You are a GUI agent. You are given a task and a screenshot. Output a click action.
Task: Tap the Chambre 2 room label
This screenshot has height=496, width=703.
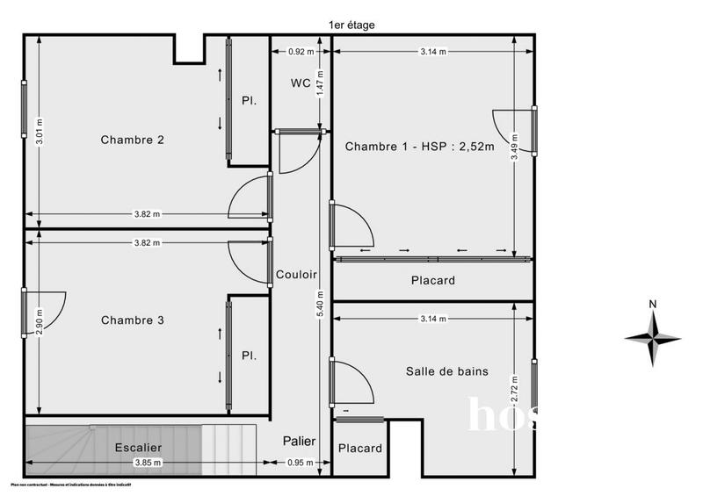132,140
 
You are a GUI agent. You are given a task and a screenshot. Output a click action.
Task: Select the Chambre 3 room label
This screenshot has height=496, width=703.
132,320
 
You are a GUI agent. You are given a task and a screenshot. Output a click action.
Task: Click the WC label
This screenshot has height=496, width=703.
300,83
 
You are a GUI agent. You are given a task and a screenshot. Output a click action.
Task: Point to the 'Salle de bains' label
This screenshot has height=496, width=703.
446,371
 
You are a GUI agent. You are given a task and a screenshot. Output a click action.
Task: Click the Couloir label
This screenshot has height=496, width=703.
295,274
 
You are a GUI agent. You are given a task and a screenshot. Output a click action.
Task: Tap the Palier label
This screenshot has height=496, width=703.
299,441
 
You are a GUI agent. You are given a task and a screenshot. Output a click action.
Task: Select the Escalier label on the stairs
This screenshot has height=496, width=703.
138,448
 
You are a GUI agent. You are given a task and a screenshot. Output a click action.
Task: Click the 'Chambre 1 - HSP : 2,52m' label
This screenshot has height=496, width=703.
420,146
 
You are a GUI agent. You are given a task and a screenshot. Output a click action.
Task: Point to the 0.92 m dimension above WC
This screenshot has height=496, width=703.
301,52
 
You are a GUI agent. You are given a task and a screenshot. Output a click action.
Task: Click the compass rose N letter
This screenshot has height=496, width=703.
652,305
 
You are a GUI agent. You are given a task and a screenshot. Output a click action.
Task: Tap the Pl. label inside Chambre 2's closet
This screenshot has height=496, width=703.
249,101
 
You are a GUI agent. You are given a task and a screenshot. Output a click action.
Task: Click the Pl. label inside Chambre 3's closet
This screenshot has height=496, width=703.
249,356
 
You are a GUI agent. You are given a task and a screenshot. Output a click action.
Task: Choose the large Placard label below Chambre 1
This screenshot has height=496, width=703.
432,281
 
